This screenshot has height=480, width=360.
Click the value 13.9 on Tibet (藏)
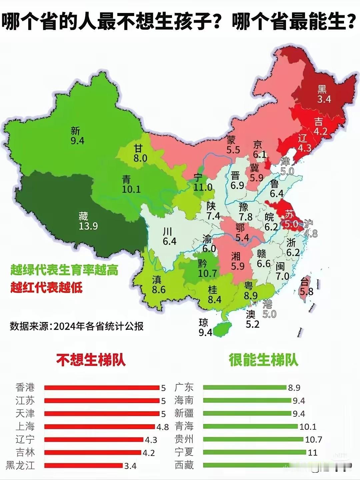88,226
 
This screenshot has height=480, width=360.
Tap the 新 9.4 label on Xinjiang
77,136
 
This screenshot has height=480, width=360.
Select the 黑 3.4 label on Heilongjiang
323,94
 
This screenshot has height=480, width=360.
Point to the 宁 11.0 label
202,183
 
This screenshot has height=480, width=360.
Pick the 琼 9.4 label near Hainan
205,327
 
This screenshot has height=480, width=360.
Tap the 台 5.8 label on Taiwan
306,287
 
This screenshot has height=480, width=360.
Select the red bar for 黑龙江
84,465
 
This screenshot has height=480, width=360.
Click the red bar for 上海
100,427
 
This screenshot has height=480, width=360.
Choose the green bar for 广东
245,387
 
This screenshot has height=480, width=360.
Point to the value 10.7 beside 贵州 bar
314,440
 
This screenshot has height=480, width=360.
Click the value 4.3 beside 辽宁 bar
151,440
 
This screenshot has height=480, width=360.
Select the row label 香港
25,387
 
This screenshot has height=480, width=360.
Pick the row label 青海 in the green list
184,426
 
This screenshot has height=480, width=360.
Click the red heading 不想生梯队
91,360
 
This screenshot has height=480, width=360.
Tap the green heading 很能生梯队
263,360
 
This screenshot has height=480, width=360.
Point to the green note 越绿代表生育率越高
64,270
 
